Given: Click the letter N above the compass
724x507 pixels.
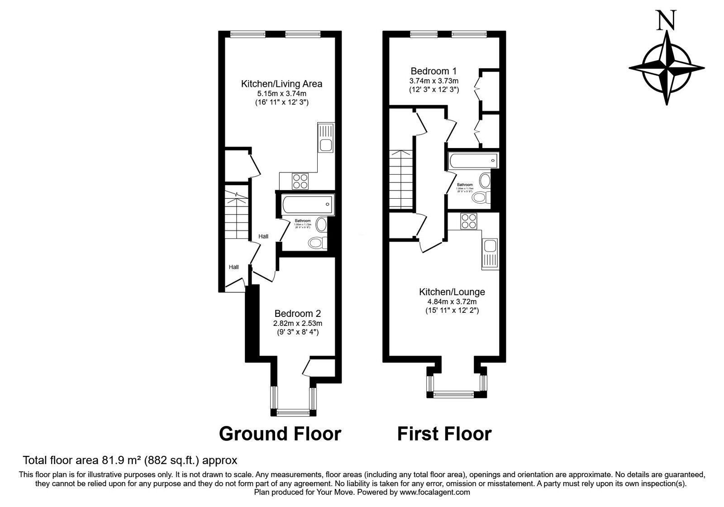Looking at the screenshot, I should coord(666,20).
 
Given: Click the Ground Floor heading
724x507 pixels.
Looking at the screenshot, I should coord(280,434).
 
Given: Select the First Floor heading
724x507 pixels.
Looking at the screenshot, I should coord(444,434).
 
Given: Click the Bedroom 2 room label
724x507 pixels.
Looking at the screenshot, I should coord(297,314).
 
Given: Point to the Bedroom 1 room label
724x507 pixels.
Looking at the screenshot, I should coord(433,71).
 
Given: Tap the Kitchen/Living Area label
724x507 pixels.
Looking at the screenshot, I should coord(281,84).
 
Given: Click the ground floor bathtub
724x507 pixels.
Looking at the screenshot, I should coord(307,204).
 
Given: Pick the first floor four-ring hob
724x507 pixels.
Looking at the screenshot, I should coord(468,221).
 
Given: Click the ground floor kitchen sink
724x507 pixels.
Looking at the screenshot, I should coord(325,145).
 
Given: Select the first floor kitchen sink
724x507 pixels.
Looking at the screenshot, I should coord(490,247).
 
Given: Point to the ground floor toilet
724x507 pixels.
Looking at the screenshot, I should coord(317,243).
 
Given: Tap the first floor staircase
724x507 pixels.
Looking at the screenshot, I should coord(401,179).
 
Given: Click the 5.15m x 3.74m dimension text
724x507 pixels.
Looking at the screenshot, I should coord(281,94).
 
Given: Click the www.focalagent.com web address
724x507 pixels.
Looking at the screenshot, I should coord(434,492).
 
